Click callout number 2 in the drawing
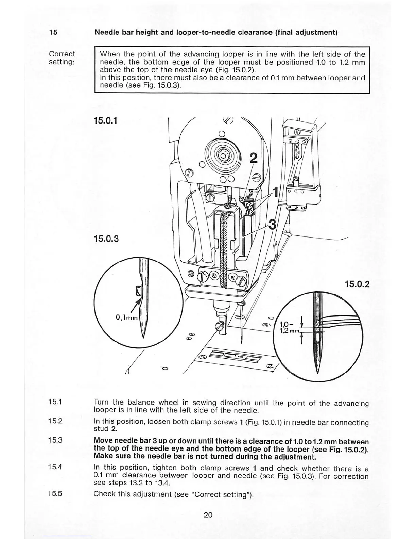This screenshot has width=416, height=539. point(254,159)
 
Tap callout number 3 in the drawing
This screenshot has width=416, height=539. point(272,225)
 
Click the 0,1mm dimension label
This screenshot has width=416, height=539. point(126,318)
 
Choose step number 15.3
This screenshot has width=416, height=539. point(55,440)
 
